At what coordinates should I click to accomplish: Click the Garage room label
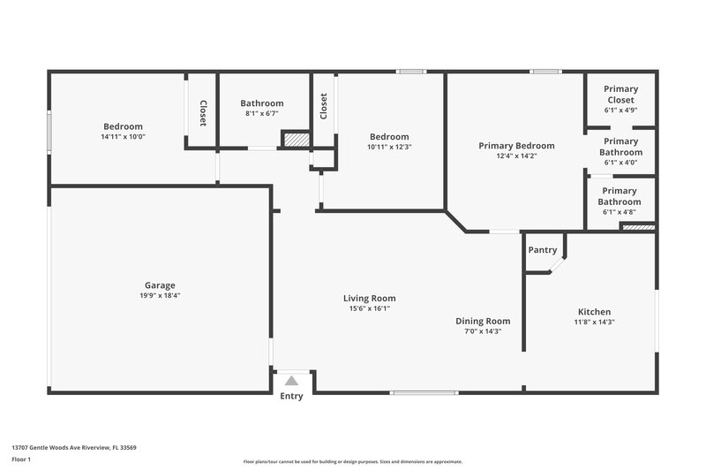[160, 285]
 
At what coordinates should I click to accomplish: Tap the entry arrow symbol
[291, 381]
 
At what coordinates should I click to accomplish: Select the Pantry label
[543, 250]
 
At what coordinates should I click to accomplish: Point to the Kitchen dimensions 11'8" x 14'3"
[594, 323]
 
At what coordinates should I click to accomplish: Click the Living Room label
[369, 298]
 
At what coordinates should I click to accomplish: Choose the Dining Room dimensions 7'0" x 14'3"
[483, 331]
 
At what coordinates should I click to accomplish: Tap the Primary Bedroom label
[516, 146]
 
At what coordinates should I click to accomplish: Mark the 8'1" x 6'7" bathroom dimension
[261, 114]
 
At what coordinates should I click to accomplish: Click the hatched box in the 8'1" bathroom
[296, 140]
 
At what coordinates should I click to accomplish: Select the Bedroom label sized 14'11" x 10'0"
[123, 126]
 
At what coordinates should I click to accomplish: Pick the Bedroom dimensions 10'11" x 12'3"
[389, 147]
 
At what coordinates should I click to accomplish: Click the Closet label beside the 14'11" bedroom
[202, 112]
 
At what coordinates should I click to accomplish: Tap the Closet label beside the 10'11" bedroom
[324, 106]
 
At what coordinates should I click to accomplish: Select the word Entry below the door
[291, 396]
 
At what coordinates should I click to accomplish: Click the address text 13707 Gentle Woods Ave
[73, 448]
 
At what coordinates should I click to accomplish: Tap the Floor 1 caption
[22, 460]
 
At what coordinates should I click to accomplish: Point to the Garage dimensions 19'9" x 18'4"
[160, 296]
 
